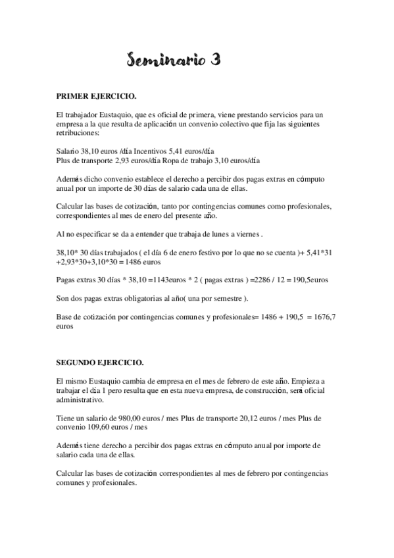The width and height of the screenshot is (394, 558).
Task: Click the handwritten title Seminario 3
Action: point(173,61)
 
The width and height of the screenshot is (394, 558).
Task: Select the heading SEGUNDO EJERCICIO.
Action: point(99,363)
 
